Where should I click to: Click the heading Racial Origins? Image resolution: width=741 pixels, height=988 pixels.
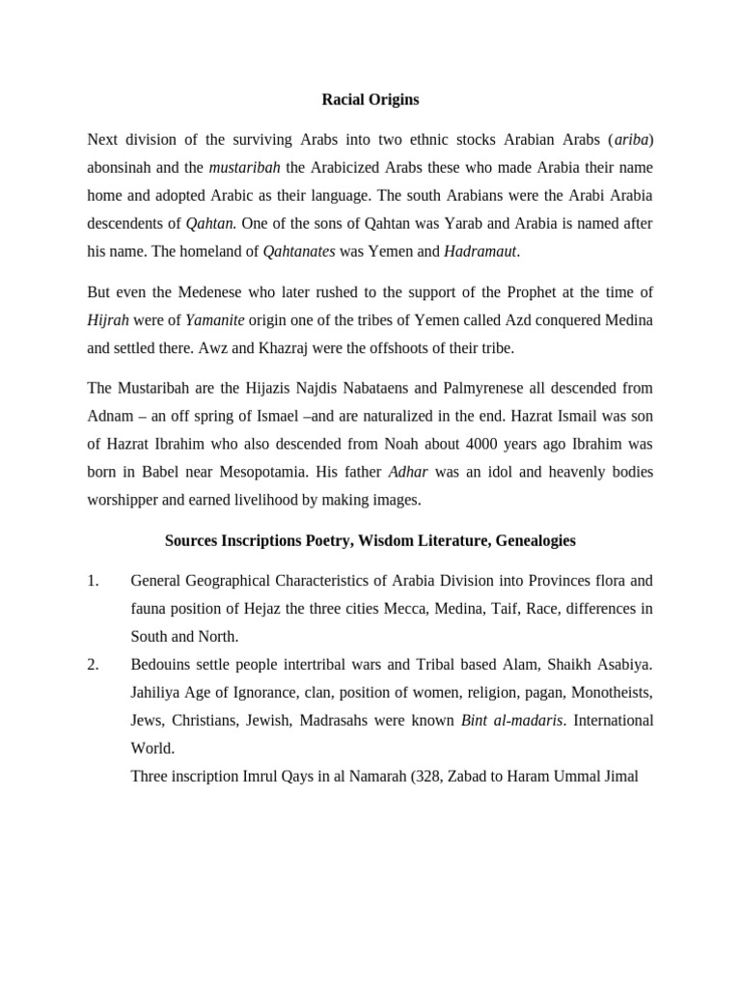(x=370, y=98)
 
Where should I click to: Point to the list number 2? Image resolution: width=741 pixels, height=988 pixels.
(x=93, y=665)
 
